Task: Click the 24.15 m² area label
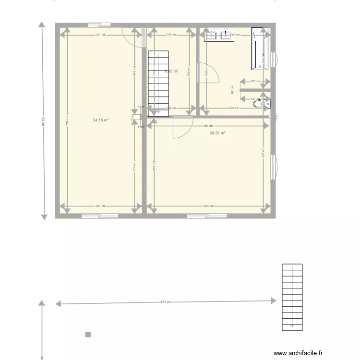tap(101, 120)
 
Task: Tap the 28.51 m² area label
tap(217, 133)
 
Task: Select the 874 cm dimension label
tap(166, 302)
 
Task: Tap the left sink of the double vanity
tap(212, 35)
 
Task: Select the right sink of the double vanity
tap(226, 35)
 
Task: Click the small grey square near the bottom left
tap(88, 335)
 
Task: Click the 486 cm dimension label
tap(207, 126)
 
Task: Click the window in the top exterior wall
tap(100, 24)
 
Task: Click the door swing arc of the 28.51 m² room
tap(180, 130)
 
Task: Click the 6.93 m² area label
tap(171, 71)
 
